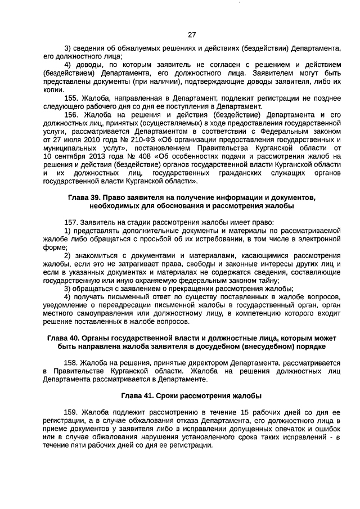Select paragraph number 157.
click(74, 223)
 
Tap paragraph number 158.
click(74, 363)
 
